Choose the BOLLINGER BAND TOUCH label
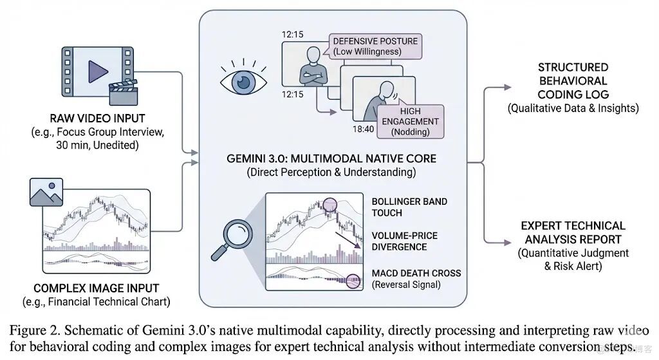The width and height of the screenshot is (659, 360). click(x=409, y=207)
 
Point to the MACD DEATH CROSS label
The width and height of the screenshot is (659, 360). click(x=416, y=273)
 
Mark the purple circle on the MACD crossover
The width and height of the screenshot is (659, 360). click(x=353, y=280)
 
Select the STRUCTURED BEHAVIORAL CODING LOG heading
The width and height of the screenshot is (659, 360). click(x=572, y=81)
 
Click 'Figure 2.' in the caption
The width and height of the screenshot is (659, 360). click(x=35, y=330)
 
